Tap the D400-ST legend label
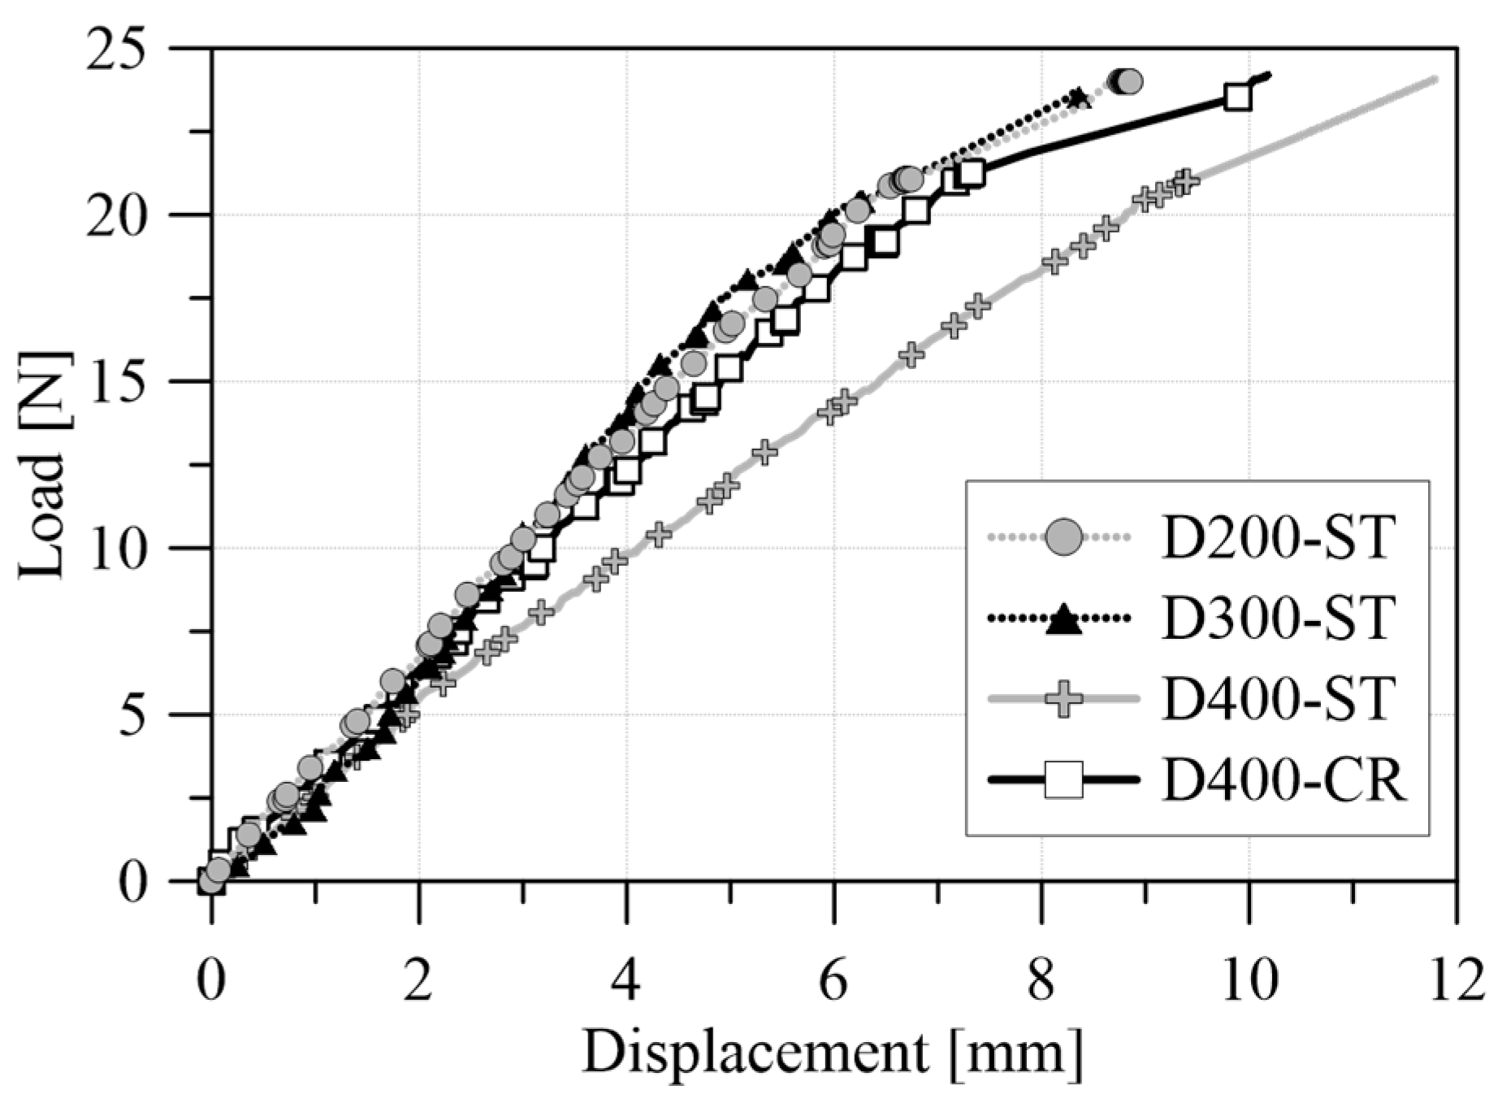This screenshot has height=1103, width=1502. pos(1278,699)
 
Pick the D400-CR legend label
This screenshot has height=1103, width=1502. pos(1283,780)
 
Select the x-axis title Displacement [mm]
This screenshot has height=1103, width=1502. pos(832,1054)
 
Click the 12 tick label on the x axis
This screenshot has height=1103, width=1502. pos(1454,981)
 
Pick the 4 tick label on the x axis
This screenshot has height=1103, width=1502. pos(626,981)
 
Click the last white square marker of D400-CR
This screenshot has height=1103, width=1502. pos(1237,97)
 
